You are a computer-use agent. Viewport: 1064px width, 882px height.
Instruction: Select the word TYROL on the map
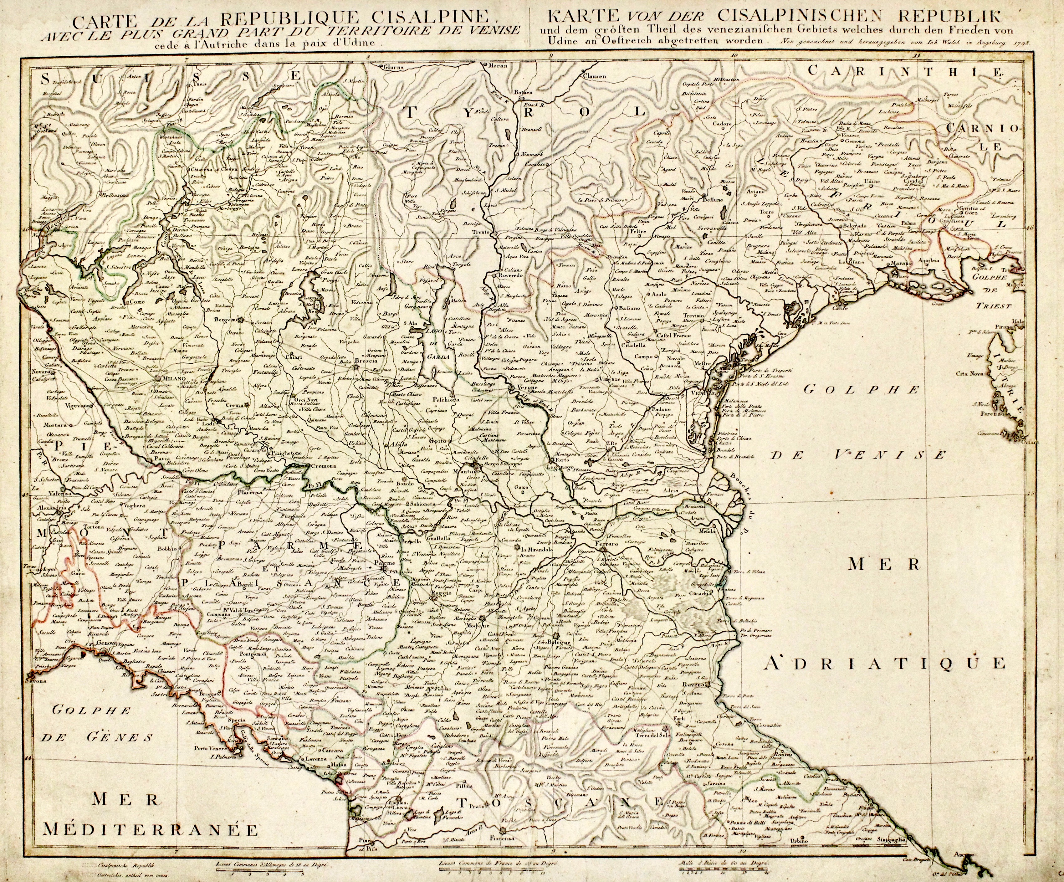pos(522,111)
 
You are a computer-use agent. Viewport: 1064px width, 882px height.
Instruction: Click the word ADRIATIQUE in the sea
pos(884,663)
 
